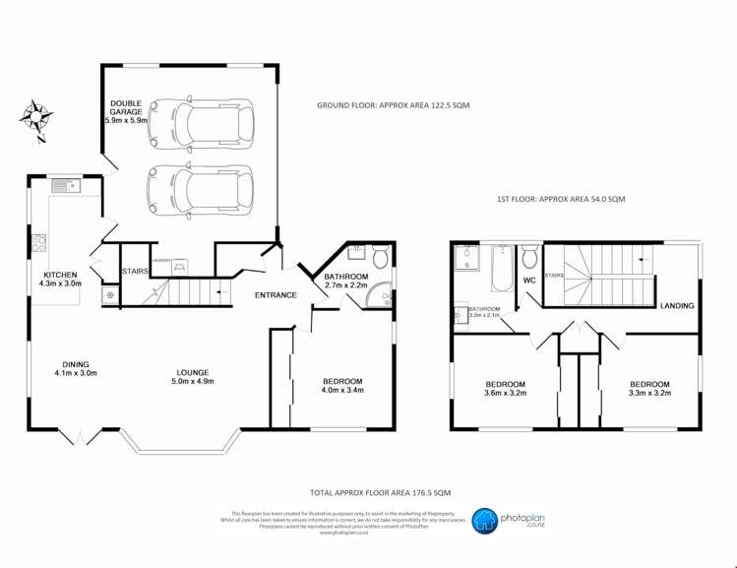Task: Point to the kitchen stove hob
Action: pyautogui.click(x=42, y=242)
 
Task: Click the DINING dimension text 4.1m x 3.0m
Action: pyautogui.click(x=76, y=373)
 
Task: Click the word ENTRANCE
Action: pyautogui.click(x=276, y=295)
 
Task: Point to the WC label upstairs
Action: pyautogui.click(x=528, y=281)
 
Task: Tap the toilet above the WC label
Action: pyautogui.click(x=529, y=258)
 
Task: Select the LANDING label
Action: pyautogui.click(x=677, y=306)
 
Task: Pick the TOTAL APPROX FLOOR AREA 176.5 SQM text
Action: pyautogui.click(x=380, y=491)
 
